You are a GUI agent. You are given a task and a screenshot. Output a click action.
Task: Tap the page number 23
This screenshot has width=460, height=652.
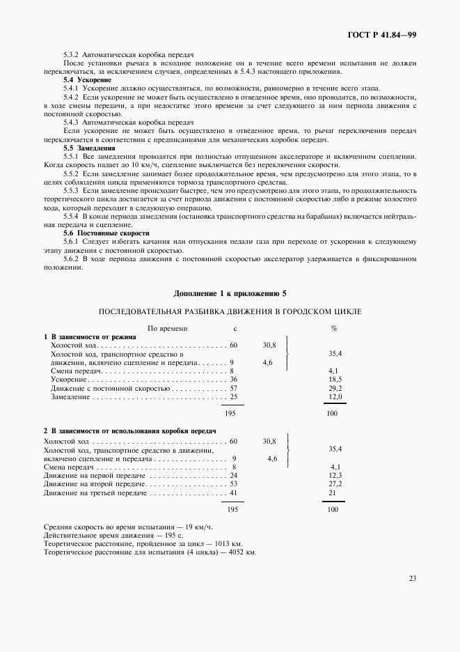click(412, 577)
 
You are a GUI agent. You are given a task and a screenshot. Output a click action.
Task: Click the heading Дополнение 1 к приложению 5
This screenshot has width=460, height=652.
click(230, 293)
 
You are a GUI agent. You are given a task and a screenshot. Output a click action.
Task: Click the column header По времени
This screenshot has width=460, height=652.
click(167, 327)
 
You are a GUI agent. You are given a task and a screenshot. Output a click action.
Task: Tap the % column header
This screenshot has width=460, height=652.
click(334, 327)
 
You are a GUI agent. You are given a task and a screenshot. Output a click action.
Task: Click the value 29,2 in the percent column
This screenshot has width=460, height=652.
click(334, 388)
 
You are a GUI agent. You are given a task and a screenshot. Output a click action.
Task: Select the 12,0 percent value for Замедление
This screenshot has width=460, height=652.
click(334, 396)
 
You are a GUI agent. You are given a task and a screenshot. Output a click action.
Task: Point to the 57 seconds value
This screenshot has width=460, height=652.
click(234, 388)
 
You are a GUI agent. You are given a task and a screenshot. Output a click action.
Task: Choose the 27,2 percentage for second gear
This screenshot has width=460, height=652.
click(335, 483)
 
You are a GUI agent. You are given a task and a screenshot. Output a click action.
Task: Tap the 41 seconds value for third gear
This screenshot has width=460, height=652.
click(234, 492)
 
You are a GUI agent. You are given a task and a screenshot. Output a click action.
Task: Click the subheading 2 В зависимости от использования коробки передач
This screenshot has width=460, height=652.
click(130, 431)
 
